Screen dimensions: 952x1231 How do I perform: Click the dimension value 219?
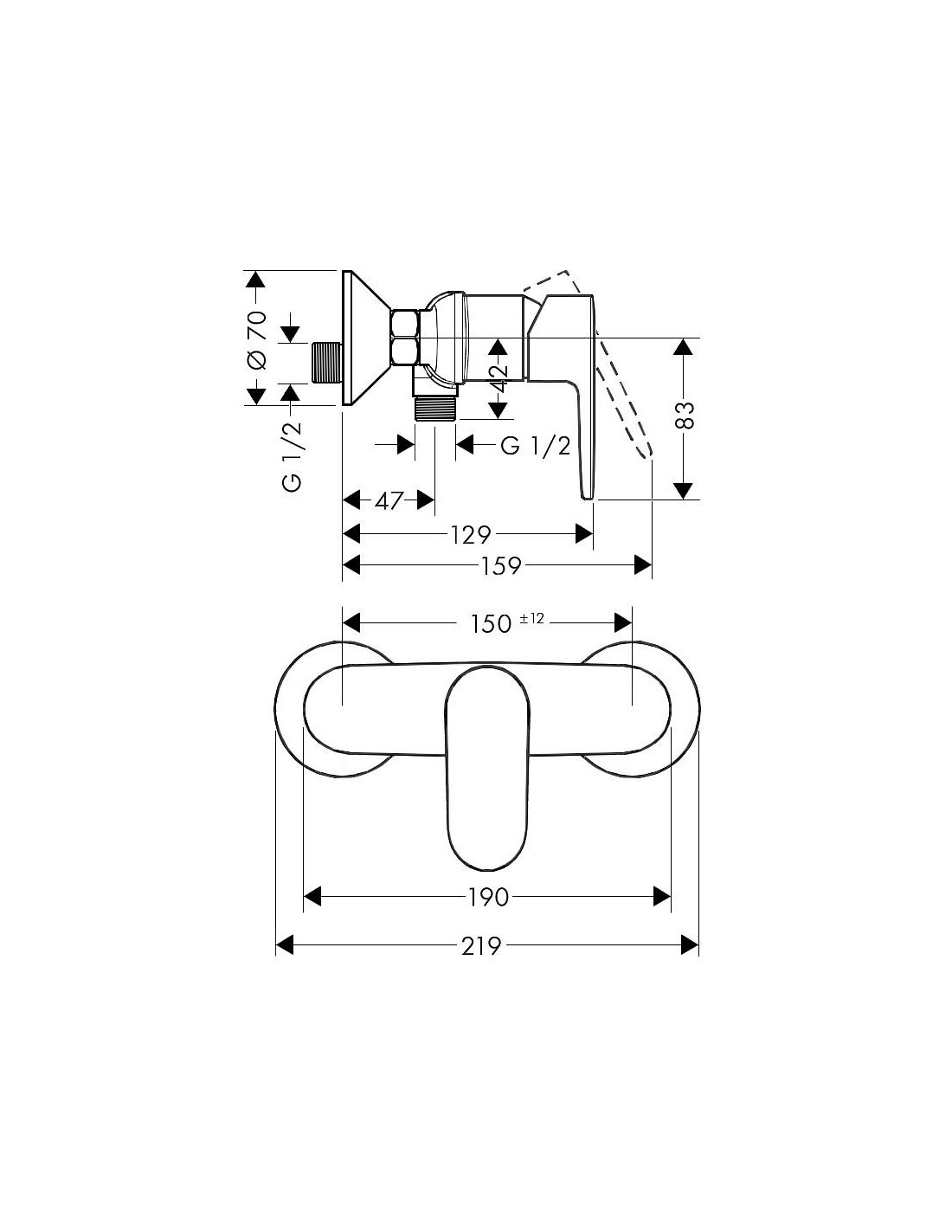481,945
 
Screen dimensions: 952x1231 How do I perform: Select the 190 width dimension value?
488,897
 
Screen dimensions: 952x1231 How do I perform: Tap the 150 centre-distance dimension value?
492,624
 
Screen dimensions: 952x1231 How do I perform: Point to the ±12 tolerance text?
531,619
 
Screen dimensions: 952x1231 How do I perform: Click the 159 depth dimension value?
500,565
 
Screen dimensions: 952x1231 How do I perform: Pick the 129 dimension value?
470,533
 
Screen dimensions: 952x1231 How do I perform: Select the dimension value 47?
389,500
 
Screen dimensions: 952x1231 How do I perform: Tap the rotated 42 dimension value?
499,379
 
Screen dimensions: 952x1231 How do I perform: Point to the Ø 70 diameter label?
257,340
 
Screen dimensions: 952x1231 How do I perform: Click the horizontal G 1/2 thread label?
536,446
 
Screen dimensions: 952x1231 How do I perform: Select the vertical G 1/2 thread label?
293,457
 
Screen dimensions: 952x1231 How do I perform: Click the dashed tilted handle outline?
602,363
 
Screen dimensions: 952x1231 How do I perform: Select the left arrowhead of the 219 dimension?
284,945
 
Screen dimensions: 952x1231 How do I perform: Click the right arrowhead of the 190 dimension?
662,897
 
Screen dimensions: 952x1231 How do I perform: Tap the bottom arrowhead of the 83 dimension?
685,491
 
